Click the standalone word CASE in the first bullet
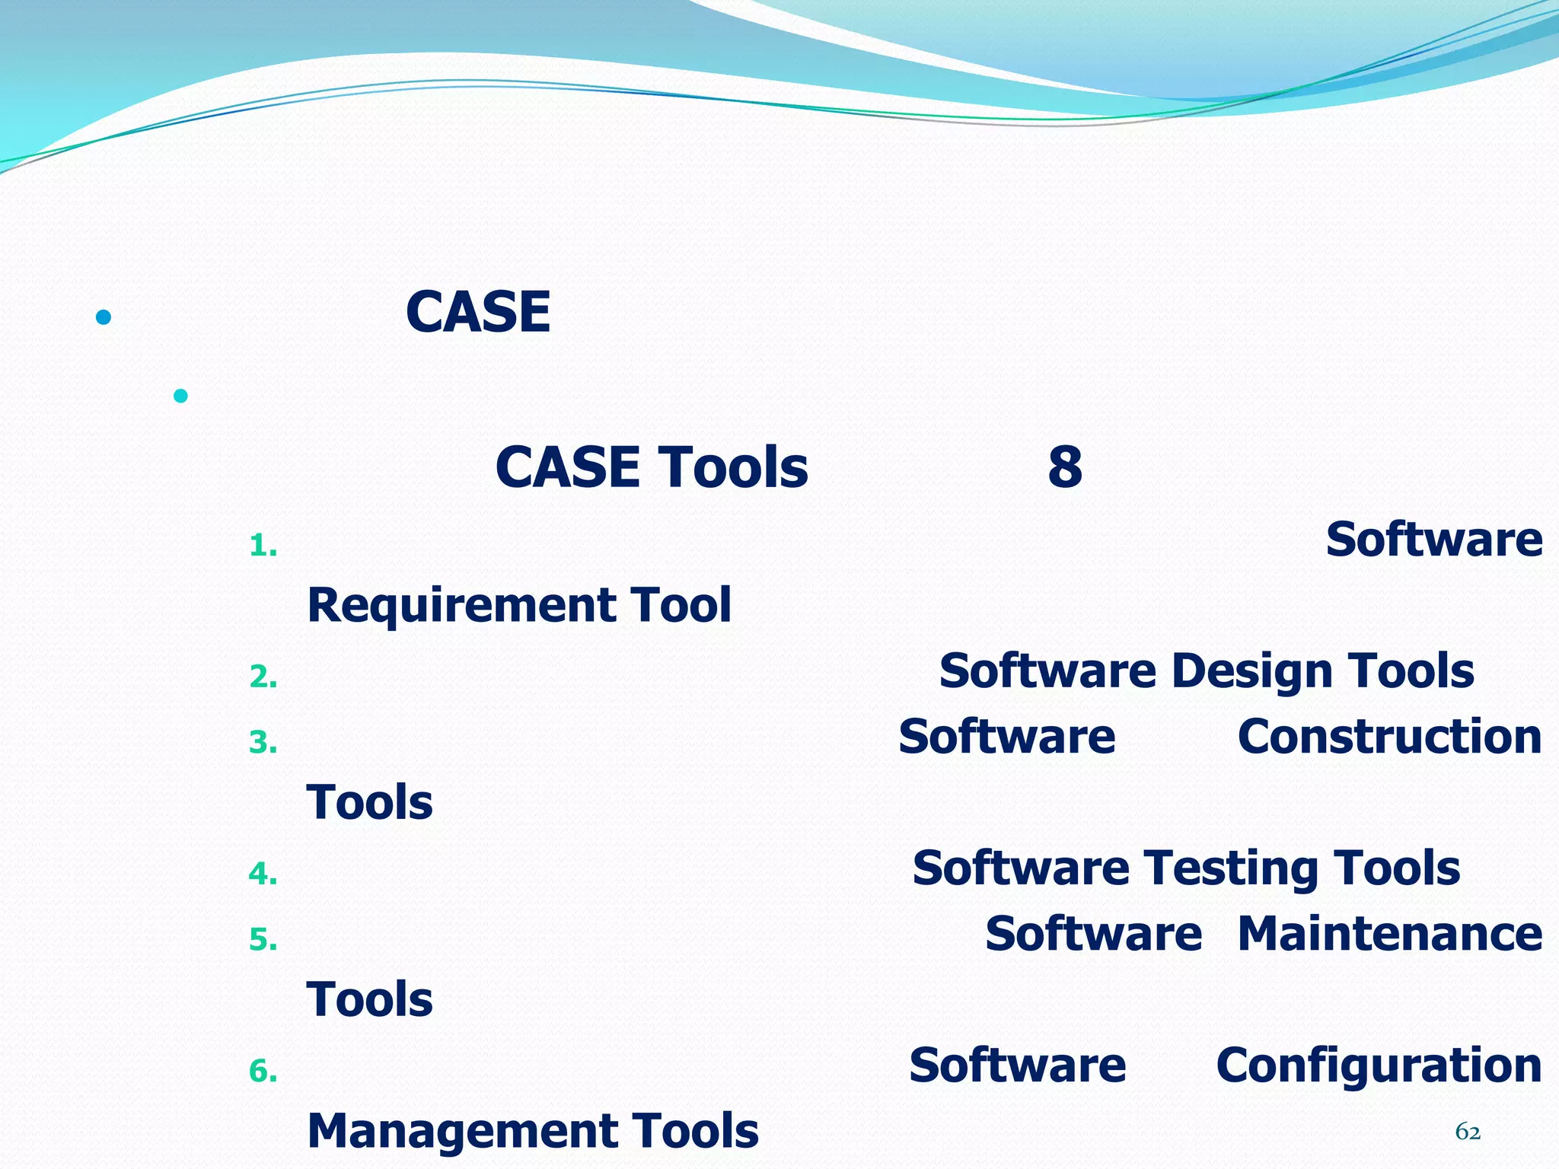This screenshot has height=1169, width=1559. tap(478, 312)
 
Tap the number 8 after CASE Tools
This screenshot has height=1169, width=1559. tap(1064, 467)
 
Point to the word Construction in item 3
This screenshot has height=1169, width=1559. tap(1389, 737)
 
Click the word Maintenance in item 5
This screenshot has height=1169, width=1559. tap(1389, 934)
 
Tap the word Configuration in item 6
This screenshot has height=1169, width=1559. tap(1379, 1065)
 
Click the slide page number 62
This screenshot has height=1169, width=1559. tap(1468, 1132)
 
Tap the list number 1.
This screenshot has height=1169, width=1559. tap(263, 546)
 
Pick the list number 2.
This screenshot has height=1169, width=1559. tap(263, 677)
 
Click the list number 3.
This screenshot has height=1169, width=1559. tap(263, 742)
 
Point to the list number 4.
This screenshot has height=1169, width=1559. tap(263, 874)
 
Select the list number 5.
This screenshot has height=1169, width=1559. tap(263, 940)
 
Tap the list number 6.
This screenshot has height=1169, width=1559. tap(263, 1072)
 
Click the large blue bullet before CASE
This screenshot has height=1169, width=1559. tap(104, 317)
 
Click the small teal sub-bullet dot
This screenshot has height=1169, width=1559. tap(180, 396)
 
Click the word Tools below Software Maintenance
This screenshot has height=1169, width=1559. tap(370, 999)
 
